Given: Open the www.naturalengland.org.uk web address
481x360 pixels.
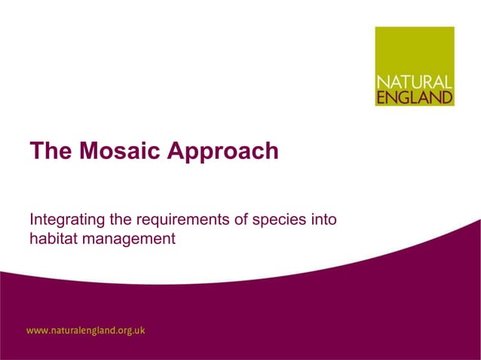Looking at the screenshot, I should click(86, 330).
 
